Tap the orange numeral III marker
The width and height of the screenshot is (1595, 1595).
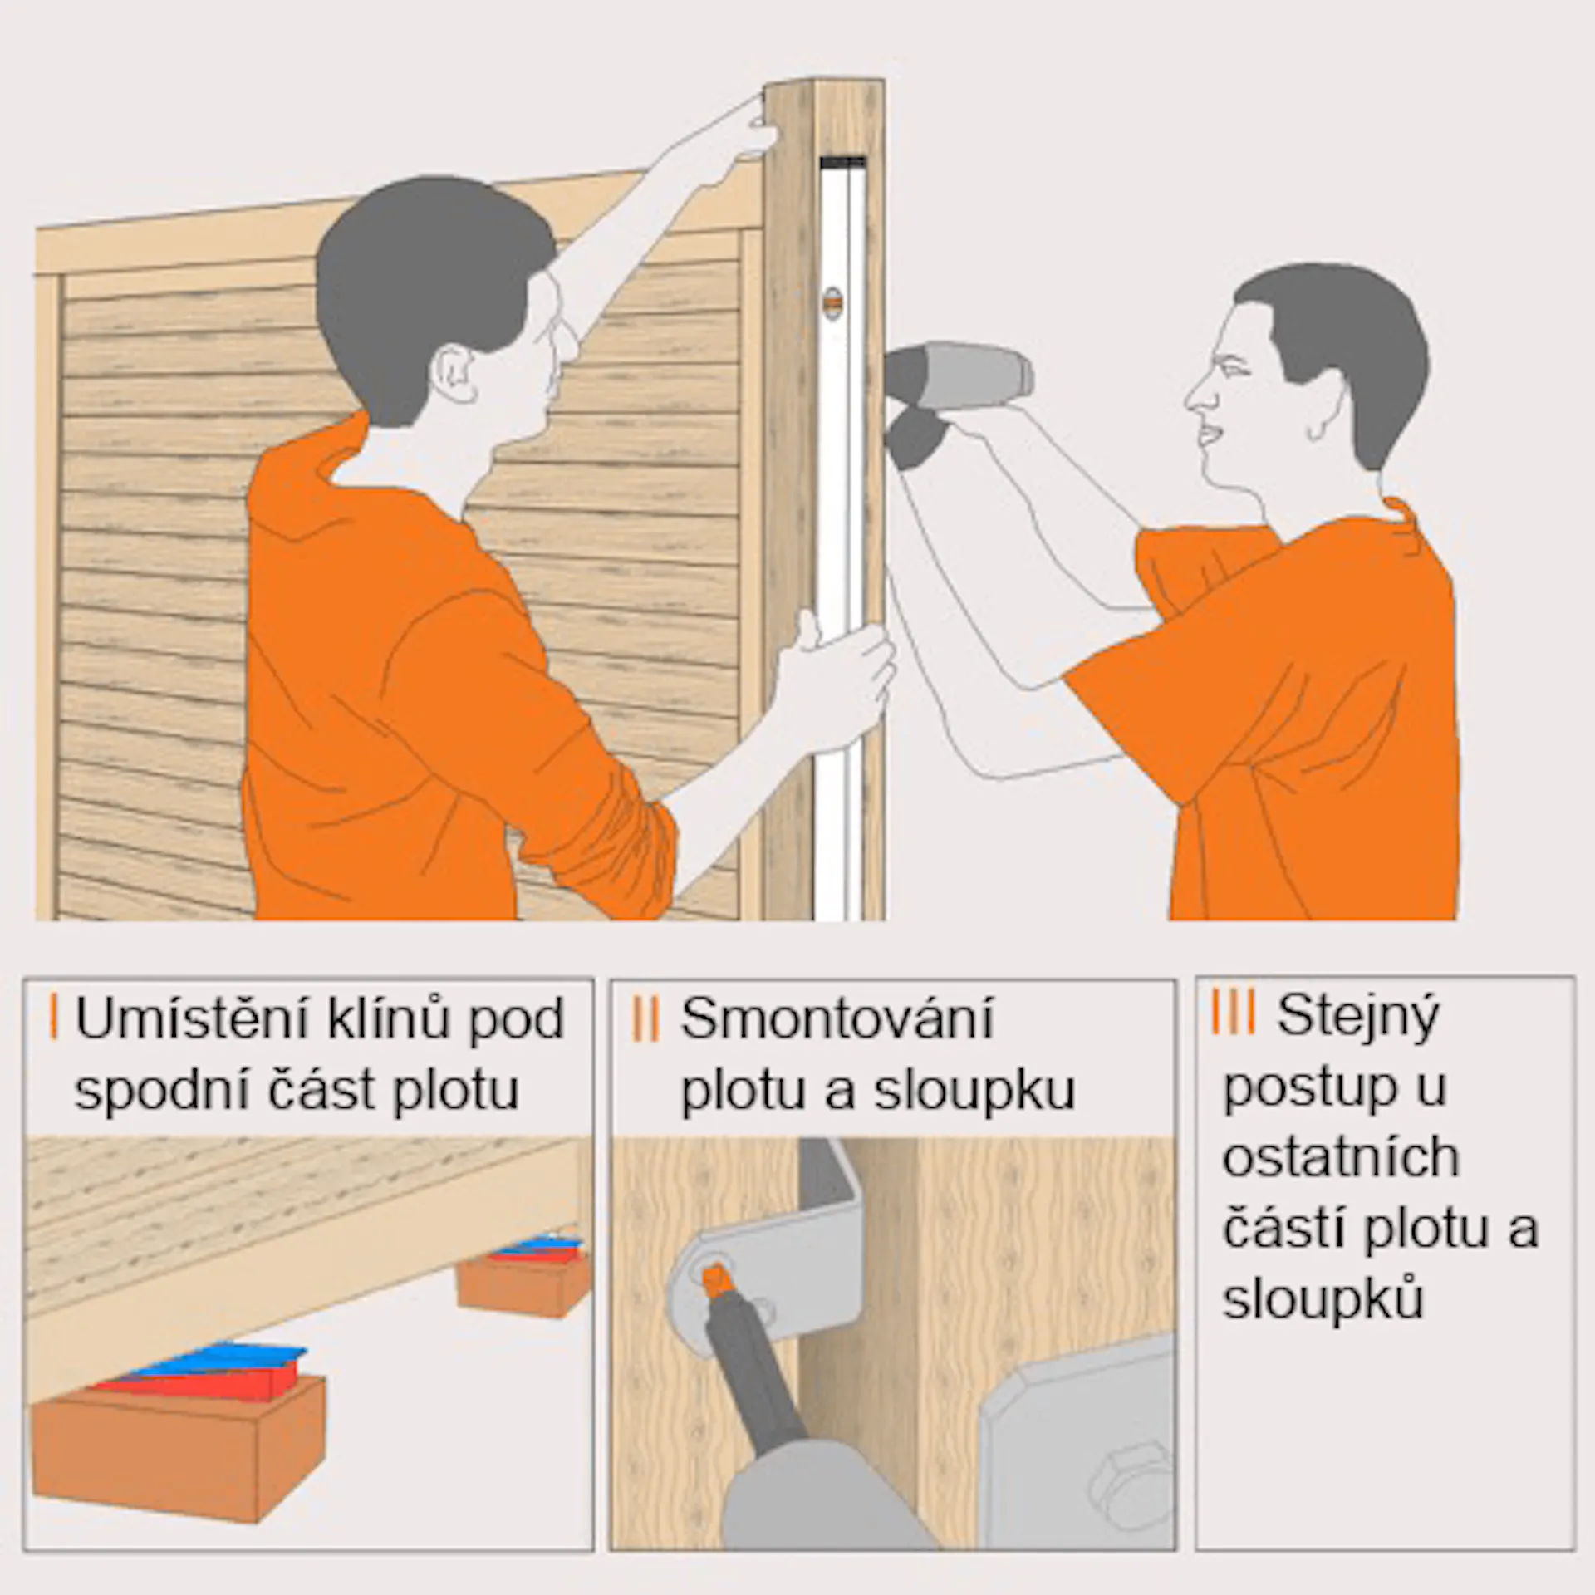coord(1232,1013)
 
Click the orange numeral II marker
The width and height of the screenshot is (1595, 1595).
coord(645,1020)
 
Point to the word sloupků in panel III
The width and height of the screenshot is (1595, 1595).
coord(1323,1299)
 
